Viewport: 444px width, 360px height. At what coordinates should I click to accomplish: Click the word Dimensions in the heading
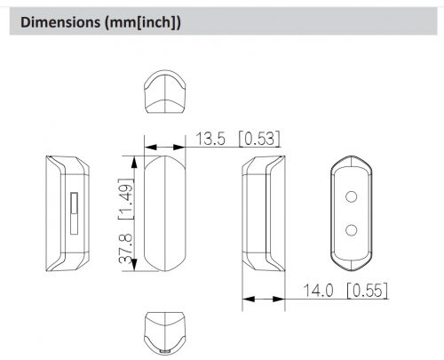(x=60, y=22)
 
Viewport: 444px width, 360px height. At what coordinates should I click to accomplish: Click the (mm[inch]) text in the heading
(x=142, y=23)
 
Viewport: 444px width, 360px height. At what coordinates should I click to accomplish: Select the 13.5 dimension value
(x=210, y=139)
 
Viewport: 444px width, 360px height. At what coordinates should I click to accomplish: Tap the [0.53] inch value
(x=259, y=139)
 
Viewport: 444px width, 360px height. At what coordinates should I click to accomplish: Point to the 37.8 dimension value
(x=126, y=249)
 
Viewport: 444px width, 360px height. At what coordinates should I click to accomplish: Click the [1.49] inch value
(x=126, y=199)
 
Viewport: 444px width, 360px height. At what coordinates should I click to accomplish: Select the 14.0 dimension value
(x=319, y=291)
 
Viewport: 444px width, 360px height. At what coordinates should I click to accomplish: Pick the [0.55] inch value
(x=367, y=291)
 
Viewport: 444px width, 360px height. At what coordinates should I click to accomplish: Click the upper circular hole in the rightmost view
(x=351, y=196)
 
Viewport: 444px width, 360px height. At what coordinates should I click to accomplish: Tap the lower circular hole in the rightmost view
(x=351, y=230)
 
